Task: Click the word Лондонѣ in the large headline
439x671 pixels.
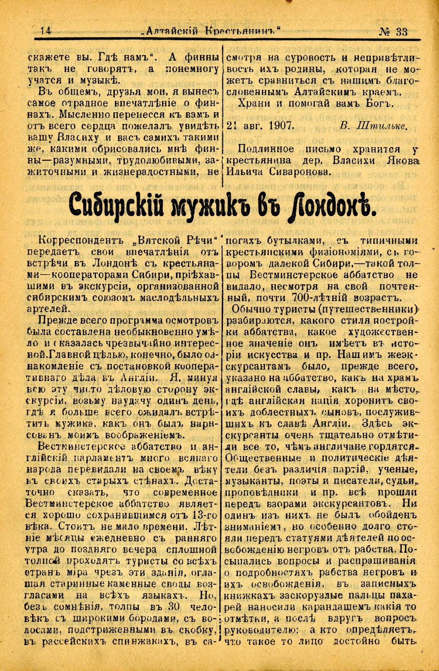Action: [x=332, y=207]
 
